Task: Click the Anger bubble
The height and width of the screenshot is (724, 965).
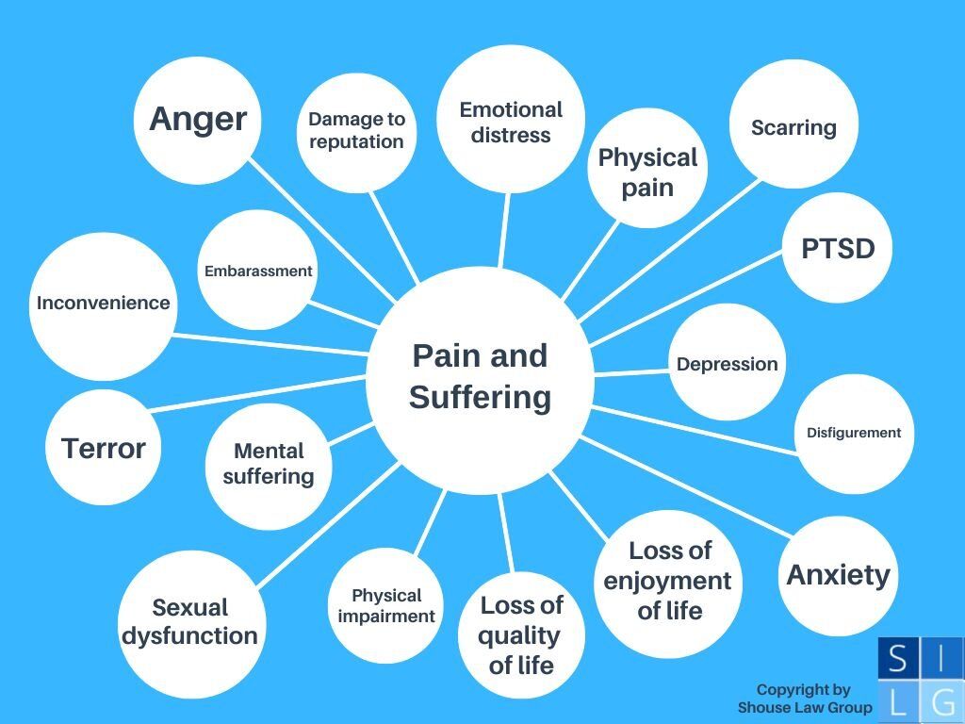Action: (198, 120)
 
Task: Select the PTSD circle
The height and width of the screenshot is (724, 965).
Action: (838, 249)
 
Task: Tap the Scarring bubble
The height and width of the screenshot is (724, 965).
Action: (793, 127)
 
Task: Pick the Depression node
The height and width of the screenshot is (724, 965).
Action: (728, 364)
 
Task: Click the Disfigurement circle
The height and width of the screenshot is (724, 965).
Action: (854, 433)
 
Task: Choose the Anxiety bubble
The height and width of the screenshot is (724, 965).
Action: (838, 574)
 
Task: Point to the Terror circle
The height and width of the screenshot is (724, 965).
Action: (103, 448)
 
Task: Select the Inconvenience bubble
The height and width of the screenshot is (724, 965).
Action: (103, 304)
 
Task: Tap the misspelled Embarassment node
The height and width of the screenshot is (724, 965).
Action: (258, 271)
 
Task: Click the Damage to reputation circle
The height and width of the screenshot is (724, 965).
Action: (356, 130)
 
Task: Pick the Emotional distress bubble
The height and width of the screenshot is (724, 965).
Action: (511, 123)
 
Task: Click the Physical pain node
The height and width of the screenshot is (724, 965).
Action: (648, 171)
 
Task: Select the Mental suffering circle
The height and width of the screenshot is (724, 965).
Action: (268, 464)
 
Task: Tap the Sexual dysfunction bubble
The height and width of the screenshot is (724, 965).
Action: (189, 621)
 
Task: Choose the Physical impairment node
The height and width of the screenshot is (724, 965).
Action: (386, 606)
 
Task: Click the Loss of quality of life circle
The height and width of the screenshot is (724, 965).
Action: (521, 634)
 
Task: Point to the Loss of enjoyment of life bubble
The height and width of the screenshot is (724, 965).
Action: (670, 580)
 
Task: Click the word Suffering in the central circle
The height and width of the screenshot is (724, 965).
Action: (480, 397)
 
